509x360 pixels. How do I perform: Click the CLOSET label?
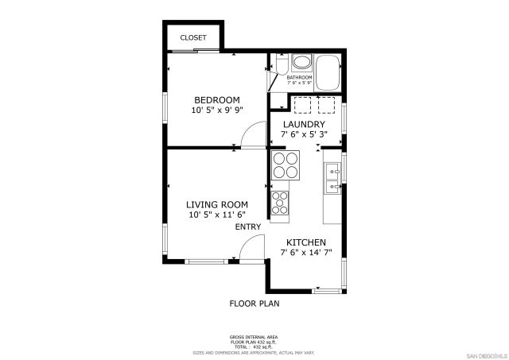193,37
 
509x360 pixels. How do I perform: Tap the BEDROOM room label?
217,100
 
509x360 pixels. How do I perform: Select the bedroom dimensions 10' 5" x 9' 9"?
217,111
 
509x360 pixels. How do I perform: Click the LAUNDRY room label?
303,125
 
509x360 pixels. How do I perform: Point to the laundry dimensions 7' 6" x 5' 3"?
303,135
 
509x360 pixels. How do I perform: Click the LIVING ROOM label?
217,203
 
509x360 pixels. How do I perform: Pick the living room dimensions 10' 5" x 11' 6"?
217,215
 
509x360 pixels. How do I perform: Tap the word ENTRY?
248,227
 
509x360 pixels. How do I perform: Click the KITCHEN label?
305,242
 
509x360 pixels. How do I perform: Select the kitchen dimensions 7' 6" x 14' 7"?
305,253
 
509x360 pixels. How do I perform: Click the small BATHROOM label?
300,77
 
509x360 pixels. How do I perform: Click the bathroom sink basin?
302,63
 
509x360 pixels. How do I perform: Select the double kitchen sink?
332,179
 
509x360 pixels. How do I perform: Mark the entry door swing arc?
251,248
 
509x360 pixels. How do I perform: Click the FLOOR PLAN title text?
254,303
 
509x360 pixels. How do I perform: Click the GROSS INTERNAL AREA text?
254,337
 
